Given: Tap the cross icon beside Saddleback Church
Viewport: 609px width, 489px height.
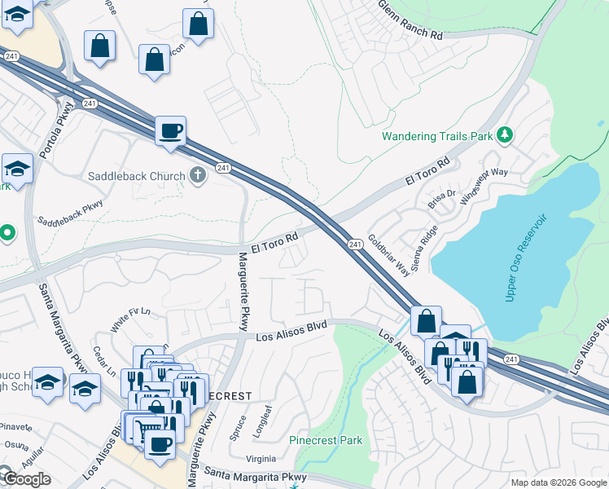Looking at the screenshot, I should [x=196, y=175].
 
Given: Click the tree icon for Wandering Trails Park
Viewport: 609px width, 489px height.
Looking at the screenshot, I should [x=505, y=134].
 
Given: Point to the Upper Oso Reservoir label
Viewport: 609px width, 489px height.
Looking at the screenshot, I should [x=529, y=258].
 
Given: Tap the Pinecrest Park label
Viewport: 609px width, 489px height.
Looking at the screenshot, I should [x=326, y=440].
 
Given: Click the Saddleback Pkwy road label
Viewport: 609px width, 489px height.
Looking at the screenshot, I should [x=71, y=214].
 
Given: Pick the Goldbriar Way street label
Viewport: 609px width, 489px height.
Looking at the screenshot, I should [x=388, y=254].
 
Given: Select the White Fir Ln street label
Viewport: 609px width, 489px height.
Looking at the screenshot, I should [x=132, y=315].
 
